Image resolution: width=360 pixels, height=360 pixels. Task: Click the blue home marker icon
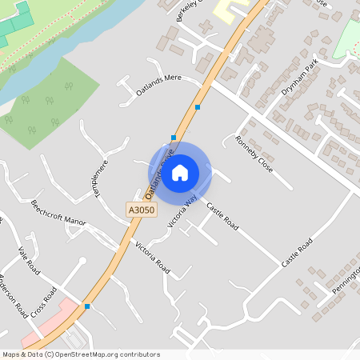pos(180,172)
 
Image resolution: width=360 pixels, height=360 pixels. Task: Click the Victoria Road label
pos(152,255)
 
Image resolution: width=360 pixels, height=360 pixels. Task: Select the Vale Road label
pos(27,262)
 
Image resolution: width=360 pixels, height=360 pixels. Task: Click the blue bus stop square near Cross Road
pos(86,306)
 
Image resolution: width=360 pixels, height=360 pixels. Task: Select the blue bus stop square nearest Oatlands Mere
pos(197,106)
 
